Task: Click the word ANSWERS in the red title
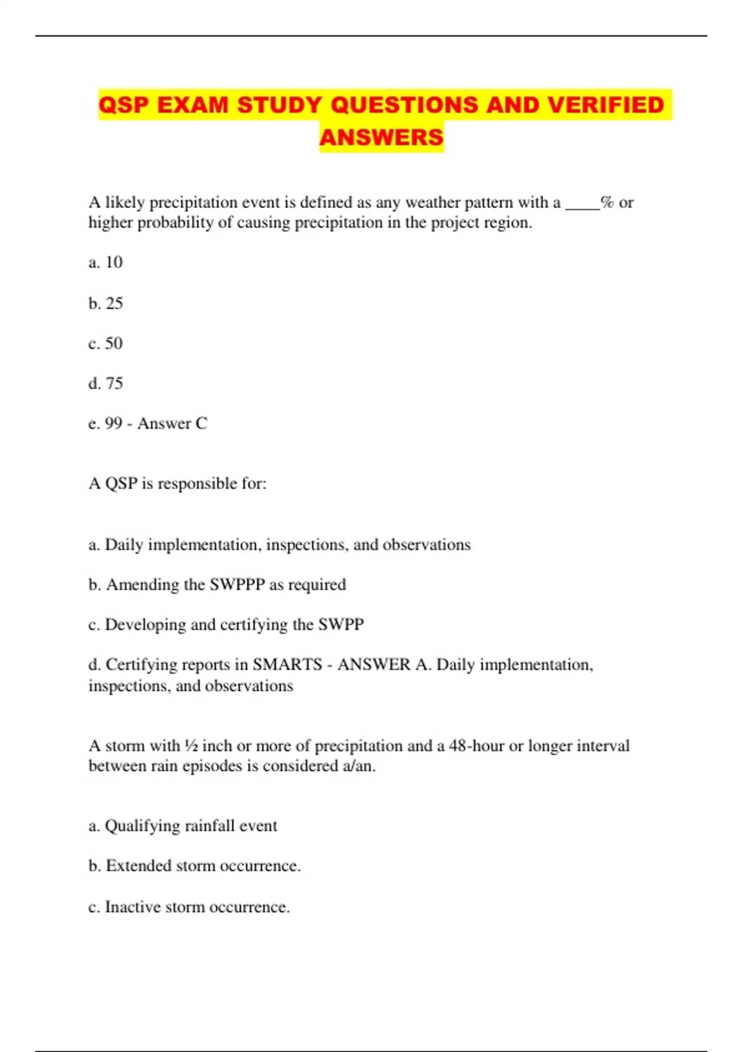coord(381,137)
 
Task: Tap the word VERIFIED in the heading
coord(606,105)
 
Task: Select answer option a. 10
coord(106,262)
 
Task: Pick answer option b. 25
coord(106,303)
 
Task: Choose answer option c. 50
coord(106,343)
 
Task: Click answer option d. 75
coord(106,384)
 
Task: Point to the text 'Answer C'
coord(172,424)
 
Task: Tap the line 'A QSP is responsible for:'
coord(178,483)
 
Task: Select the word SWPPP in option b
coord(237,585)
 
